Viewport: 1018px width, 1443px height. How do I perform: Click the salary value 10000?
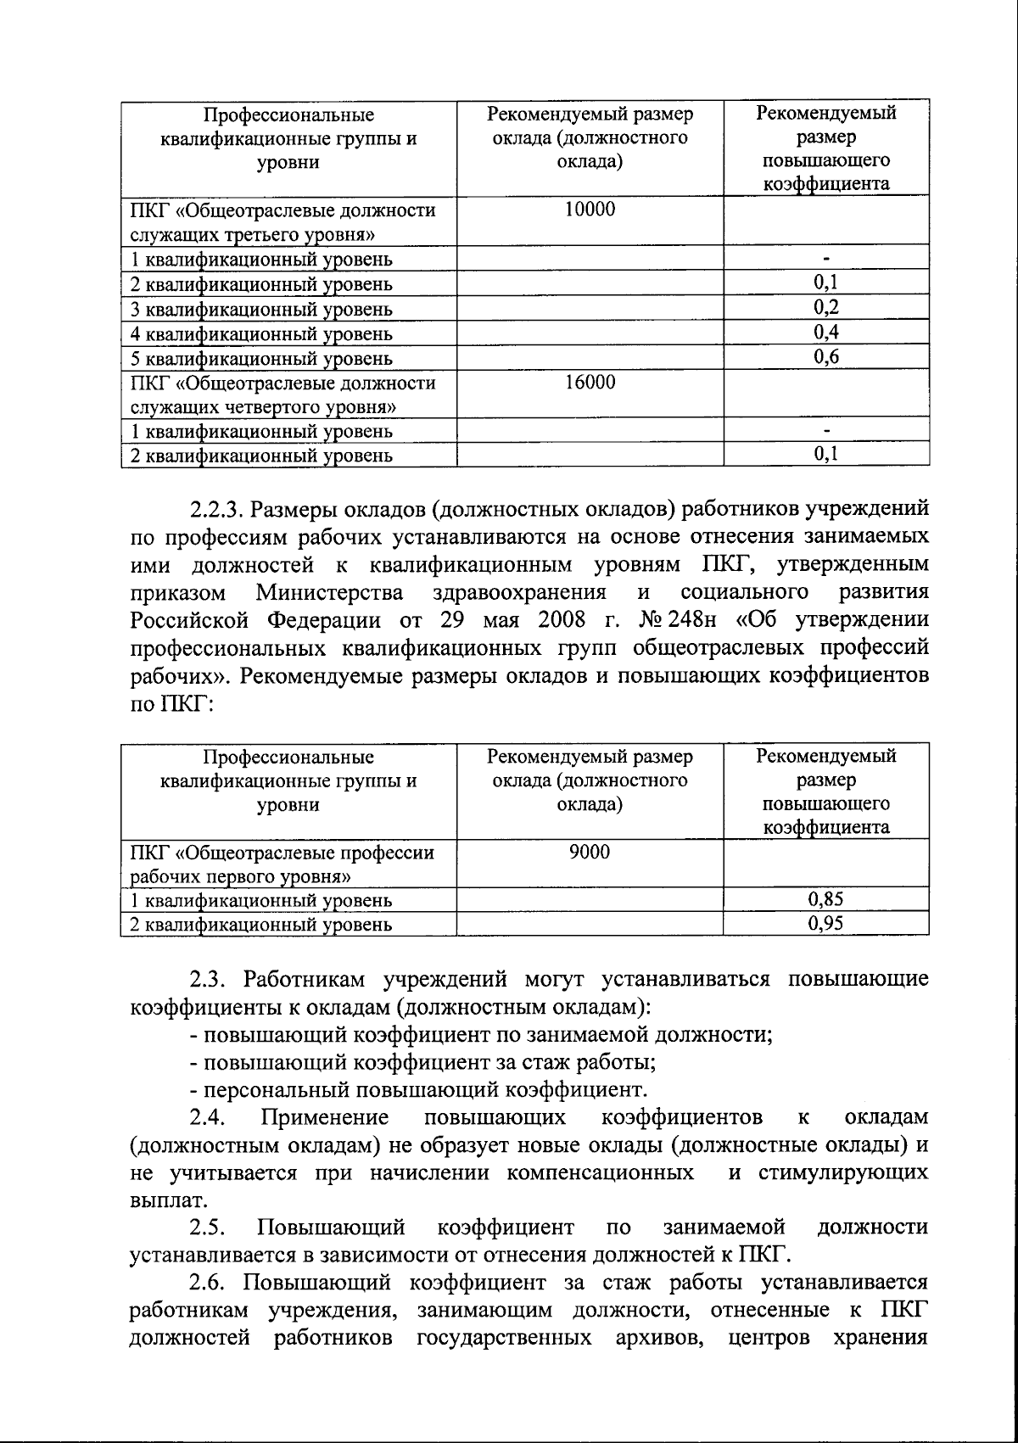pos(590,209)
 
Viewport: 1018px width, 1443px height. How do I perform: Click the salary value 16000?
pos(590,383)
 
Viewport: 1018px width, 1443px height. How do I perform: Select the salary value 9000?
pos(590,853)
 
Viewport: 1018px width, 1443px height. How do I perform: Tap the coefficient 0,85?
pos(825,899)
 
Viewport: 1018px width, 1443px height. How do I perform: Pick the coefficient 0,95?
pos(825,924)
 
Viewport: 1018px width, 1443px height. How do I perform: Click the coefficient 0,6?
pos(825,357)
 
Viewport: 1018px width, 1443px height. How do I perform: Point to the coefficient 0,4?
pos(825,333)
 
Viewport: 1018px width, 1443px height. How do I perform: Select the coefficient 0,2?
pos(825,307)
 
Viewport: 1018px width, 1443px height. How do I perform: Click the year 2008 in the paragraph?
pos(561,620)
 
